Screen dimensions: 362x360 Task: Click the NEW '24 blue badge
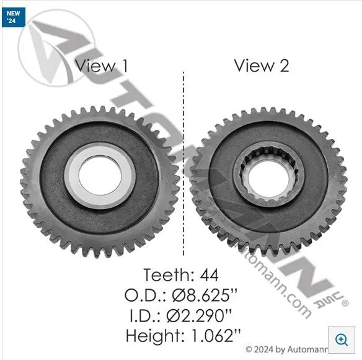(x=14, y=17)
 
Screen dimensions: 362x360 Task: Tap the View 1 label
(x=101, y=66)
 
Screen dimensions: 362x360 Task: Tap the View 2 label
(x=262, y=65)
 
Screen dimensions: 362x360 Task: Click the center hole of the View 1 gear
(x=100, y=175)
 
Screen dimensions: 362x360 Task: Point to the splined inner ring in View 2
(x=238, y=176)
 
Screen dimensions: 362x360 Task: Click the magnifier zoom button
(x=342, y=340)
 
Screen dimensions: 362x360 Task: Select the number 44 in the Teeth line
(x=209, y=275)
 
